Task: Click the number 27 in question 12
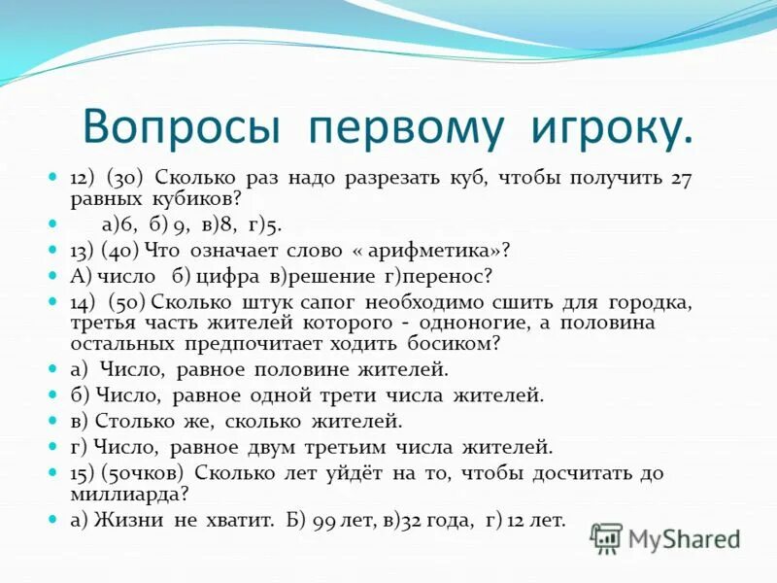pos(681,179)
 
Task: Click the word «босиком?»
pos(447,343)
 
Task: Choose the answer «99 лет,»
pos(345,519)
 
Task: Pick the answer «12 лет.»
pos(533,519)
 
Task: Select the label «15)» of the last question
pos(84,472)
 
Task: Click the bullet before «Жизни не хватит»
pos(54,519)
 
